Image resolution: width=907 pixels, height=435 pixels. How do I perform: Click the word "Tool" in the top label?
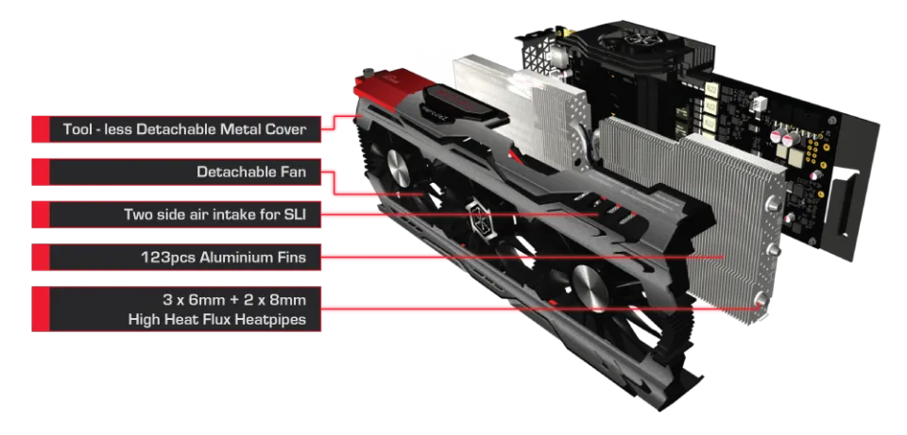77,129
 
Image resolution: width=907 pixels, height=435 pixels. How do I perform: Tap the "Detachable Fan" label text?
251,172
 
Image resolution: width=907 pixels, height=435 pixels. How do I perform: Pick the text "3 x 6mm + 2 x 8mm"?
234,300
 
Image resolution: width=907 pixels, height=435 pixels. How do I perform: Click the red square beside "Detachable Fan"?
41,172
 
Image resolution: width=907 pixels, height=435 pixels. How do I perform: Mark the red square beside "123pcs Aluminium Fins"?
41,257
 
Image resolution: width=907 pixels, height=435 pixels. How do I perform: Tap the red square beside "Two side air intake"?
41,214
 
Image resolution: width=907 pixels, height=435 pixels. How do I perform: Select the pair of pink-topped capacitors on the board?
785,138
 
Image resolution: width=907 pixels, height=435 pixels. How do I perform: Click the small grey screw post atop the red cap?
365,74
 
